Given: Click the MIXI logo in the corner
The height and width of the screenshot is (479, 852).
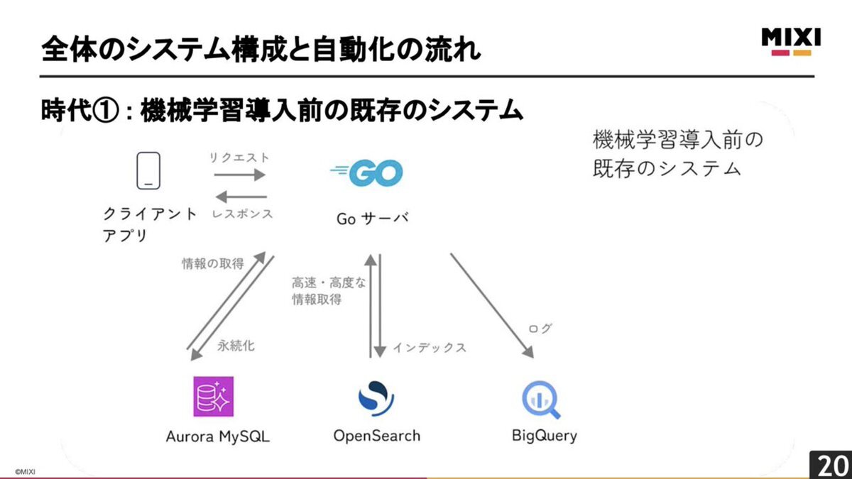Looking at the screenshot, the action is tap(791, 42).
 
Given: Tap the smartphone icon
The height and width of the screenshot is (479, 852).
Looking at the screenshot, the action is tap(148, 171).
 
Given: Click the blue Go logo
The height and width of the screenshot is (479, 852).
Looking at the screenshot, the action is tap(367, 173).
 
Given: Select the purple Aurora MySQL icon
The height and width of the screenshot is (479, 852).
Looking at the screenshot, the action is tap(214, 397).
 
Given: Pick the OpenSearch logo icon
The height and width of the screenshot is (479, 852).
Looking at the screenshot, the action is tap(376, 398).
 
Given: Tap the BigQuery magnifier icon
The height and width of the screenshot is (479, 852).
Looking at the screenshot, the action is tap(541, 400).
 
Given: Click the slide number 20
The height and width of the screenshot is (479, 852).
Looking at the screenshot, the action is tap(832, 466).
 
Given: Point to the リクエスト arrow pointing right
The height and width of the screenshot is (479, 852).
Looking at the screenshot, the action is tap(240, 175).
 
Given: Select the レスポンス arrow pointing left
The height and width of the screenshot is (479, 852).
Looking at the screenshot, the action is tap(241, 197).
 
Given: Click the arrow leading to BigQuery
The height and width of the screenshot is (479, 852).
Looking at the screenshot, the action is tap(492, 306).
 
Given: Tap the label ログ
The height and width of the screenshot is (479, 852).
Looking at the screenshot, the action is tap(540, 328).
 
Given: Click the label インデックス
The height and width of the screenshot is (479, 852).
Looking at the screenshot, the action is tap(430, 348).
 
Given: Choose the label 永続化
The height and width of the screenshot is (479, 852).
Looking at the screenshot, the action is tap(236, 346).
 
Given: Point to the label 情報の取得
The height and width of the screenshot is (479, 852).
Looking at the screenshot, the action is tap(213, 263).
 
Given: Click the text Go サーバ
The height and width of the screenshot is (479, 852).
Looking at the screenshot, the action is tap(373, 219).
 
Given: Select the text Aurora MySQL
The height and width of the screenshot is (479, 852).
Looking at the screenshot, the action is tap(218, 437).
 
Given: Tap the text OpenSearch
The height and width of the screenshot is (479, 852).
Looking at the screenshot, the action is tap(377, 436).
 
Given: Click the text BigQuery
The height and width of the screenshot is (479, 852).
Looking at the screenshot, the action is tap(545, 436).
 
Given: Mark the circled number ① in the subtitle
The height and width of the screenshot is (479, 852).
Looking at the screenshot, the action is tap(105, 111).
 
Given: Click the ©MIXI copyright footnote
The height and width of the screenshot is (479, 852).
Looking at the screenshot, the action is tap(25, 472).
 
